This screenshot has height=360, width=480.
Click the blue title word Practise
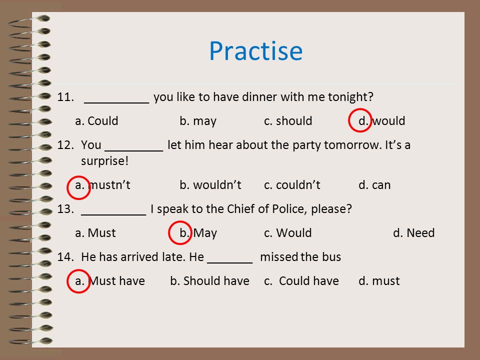[x=256, y=51]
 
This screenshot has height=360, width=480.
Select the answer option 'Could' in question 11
[x=103, y=121]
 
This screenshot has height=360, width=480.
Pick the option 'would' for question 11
[x=389, y=121]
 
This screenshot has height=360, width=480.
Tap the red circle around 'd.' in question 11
[x=360, y=109]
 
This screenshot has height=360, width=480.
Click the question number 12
[x=65, y=145]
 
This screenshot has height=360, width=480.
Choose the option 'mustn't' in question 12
[x=109, y=185]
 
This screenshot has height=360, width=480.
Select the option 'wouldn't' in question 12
[x=217, y=185]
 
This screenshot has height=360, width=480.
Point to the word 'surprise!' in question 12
[x=104, y=161]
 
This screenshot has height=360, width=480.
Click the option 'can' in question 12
[x=381, y=185]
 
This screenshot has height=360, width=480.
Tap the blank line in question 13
[x=113, y=215]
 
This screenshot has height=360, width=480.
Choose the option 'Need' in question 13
[x=420, y=233]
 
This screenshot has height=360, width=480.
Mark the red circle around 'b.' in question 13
[x=180, y=221]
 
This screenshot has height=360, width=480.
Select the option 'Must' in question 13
[x=101, y=233]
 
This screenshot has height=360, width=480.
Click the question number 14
[x=65, y=257]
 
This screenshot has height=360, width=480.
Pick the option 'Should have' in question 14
[x=216, y=281]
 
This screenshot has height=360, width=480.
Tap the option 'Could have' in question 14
[x=309, y=281]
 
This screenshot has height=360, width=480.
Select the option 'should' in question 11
[x=294, y=121]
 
